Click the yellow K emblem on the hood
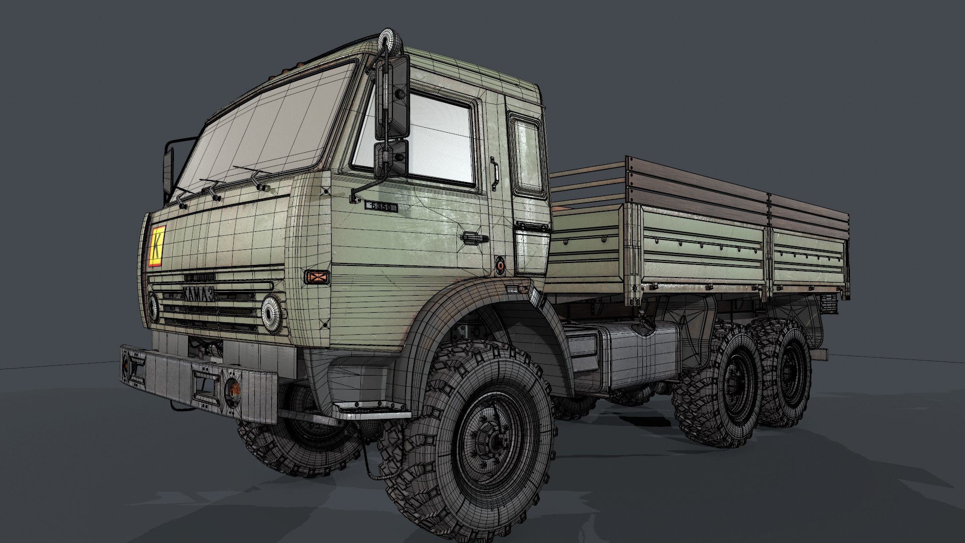157,246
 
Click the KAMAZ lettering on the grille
198,294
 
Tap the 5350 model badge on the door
381,206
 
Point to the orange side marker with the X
317,276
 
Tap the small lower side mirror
391,158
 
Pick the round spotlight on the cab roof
388,39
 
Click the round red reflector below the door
501,265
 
